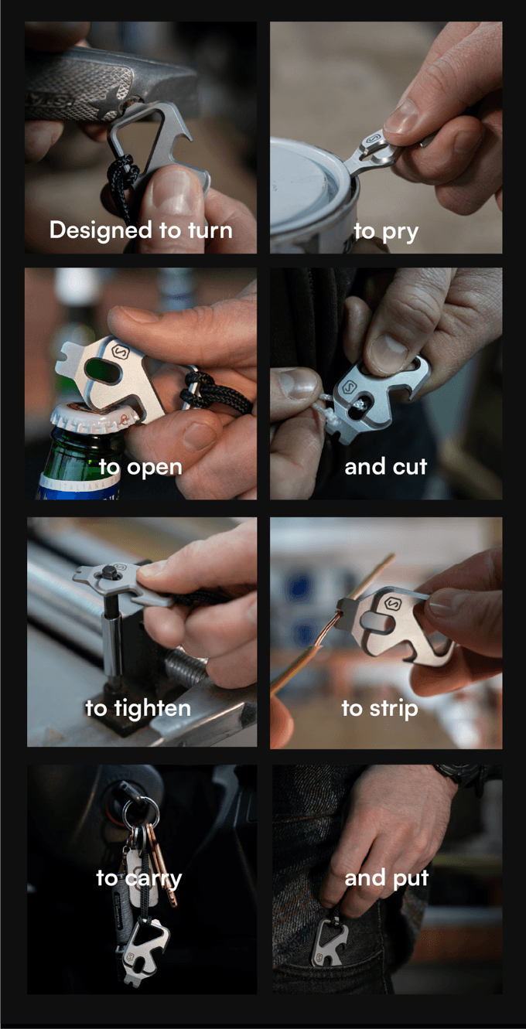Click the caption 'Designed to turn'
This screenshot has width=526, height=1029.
click(141, 230)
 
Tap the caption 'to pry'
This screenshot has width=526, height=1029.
click(386, 232)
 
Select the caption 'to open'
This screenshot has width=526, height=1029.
click(141, 468)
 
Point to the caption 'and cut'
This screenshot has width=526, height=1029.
click(386, 467)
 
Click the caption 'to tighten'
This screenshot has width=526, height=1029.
click(138, 708)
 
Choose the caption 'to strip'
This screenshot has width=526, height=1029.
click(380, 708)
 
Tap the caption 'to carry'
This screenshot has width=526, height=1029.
click(139, 879)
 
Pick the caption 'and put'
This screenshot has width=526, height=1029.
click(386, 878)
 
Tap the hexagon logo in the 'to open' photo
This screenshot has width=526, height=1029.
click(121, 353)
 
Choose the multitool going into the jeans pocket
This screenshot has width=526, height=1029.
click(330, 941)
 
